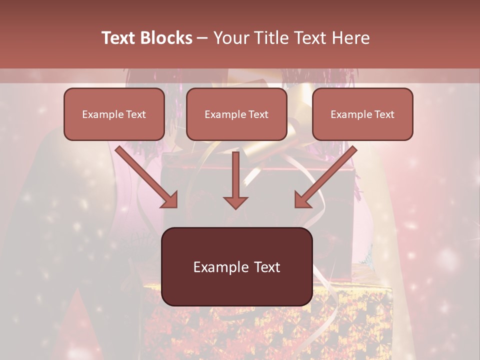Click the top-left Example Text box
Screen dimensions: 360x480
coord(114,114)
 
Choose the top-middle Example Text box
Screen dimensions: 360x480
coord(236,114)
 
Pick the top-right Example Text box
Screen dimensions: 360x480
coord(362,114)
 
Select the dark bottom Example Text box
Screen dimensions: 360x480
coord(236,267)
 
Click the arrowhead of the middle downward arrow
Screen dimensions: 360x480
coord(235,202)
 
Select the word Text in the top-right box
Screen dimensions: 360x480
coord(384,114)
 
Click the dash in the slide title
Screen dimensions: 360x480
coord(202,38)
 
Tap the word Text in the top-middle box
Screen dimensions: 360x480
coord(258,114)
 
